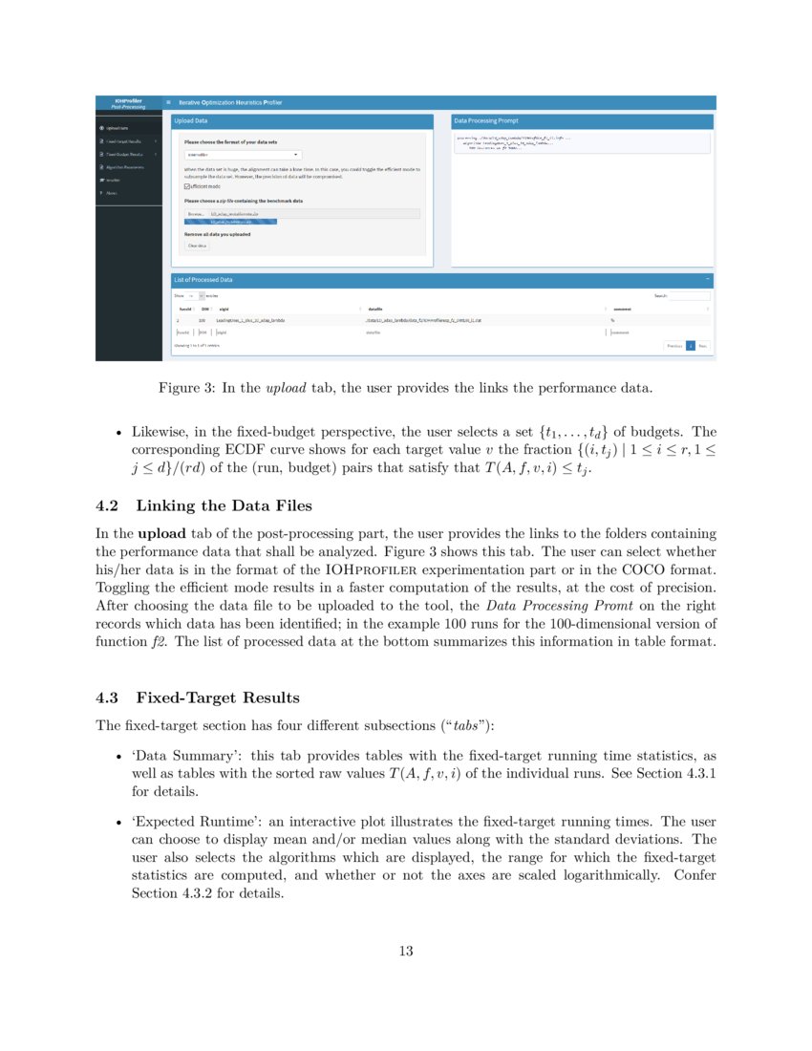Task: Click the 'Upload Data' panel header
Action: pos(190,121)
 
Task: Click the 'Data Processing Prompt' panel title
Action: pos(487,121)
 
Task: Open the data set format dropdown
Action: pos(243,154)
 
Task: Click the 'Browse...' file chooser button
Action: pos(196,214)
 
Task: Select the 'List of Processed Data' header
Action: pos(203,280)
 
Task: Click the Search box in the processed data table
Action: pos(689,296)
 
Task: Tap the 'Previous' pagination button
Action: pos(673,346)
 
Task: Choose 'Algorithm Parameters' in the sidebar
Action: pos(126,167)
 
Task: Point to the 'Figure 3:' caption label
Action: pos(186,388)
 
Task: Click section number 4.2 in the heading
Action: pos(110,505)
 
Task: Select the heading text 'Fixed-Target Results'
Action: pos(218,698)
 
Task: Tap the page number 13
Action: pos(406,951)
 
